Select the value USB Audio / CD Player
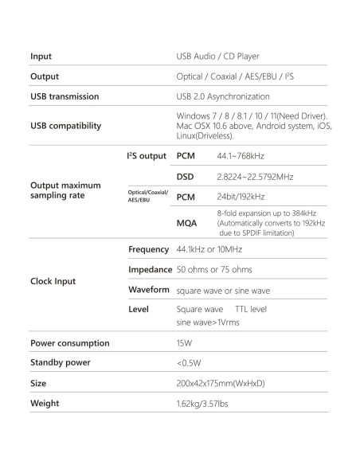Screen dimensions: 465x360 (217, 57)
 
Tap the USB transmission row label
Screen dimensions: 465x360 (65, 96)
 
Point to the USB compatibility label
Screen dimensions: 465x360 (65, 125)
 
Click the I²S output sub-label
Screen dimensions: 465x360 (147, 155)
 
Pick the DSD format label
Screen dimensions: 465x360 (185, 176)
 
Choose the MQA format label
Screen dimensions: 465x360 (186, 224)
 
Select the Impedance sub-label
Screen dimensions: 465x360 (151, 270)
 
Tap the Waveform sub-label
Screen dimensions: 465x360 (150, 290)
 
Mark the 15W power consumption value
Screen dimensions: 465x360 (183, 344)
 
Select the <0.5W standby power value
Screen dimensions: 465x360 (188, 363)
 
